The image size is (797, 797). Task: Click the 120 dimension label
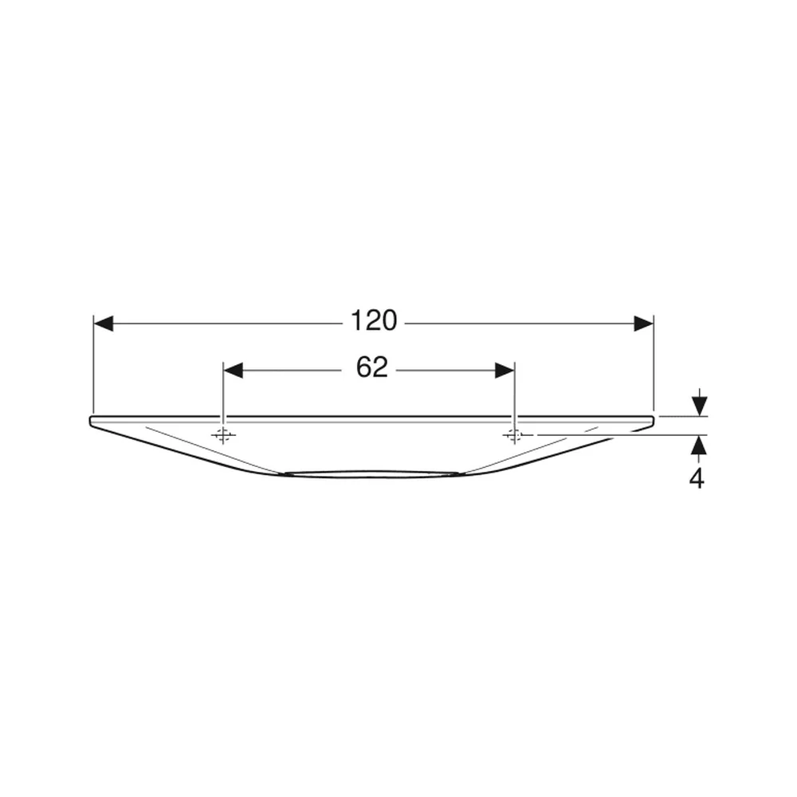click(374, 321)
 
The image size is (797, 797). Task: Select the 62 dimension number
click(372, 367)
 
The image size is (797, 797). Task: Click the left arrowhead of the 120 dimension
click(103, 324)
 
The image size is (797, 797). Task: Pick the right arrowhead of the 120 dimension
click(643, 324)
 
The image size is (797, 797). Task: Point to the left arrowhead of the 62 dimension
click(234, 371)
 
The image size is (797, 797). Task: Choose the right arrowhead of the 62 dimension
click(505, 371)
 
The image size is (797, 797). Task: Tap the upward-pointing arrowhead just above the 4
click(700, 446)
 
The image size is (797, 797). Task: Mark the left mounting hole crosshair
click(222, 435)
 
